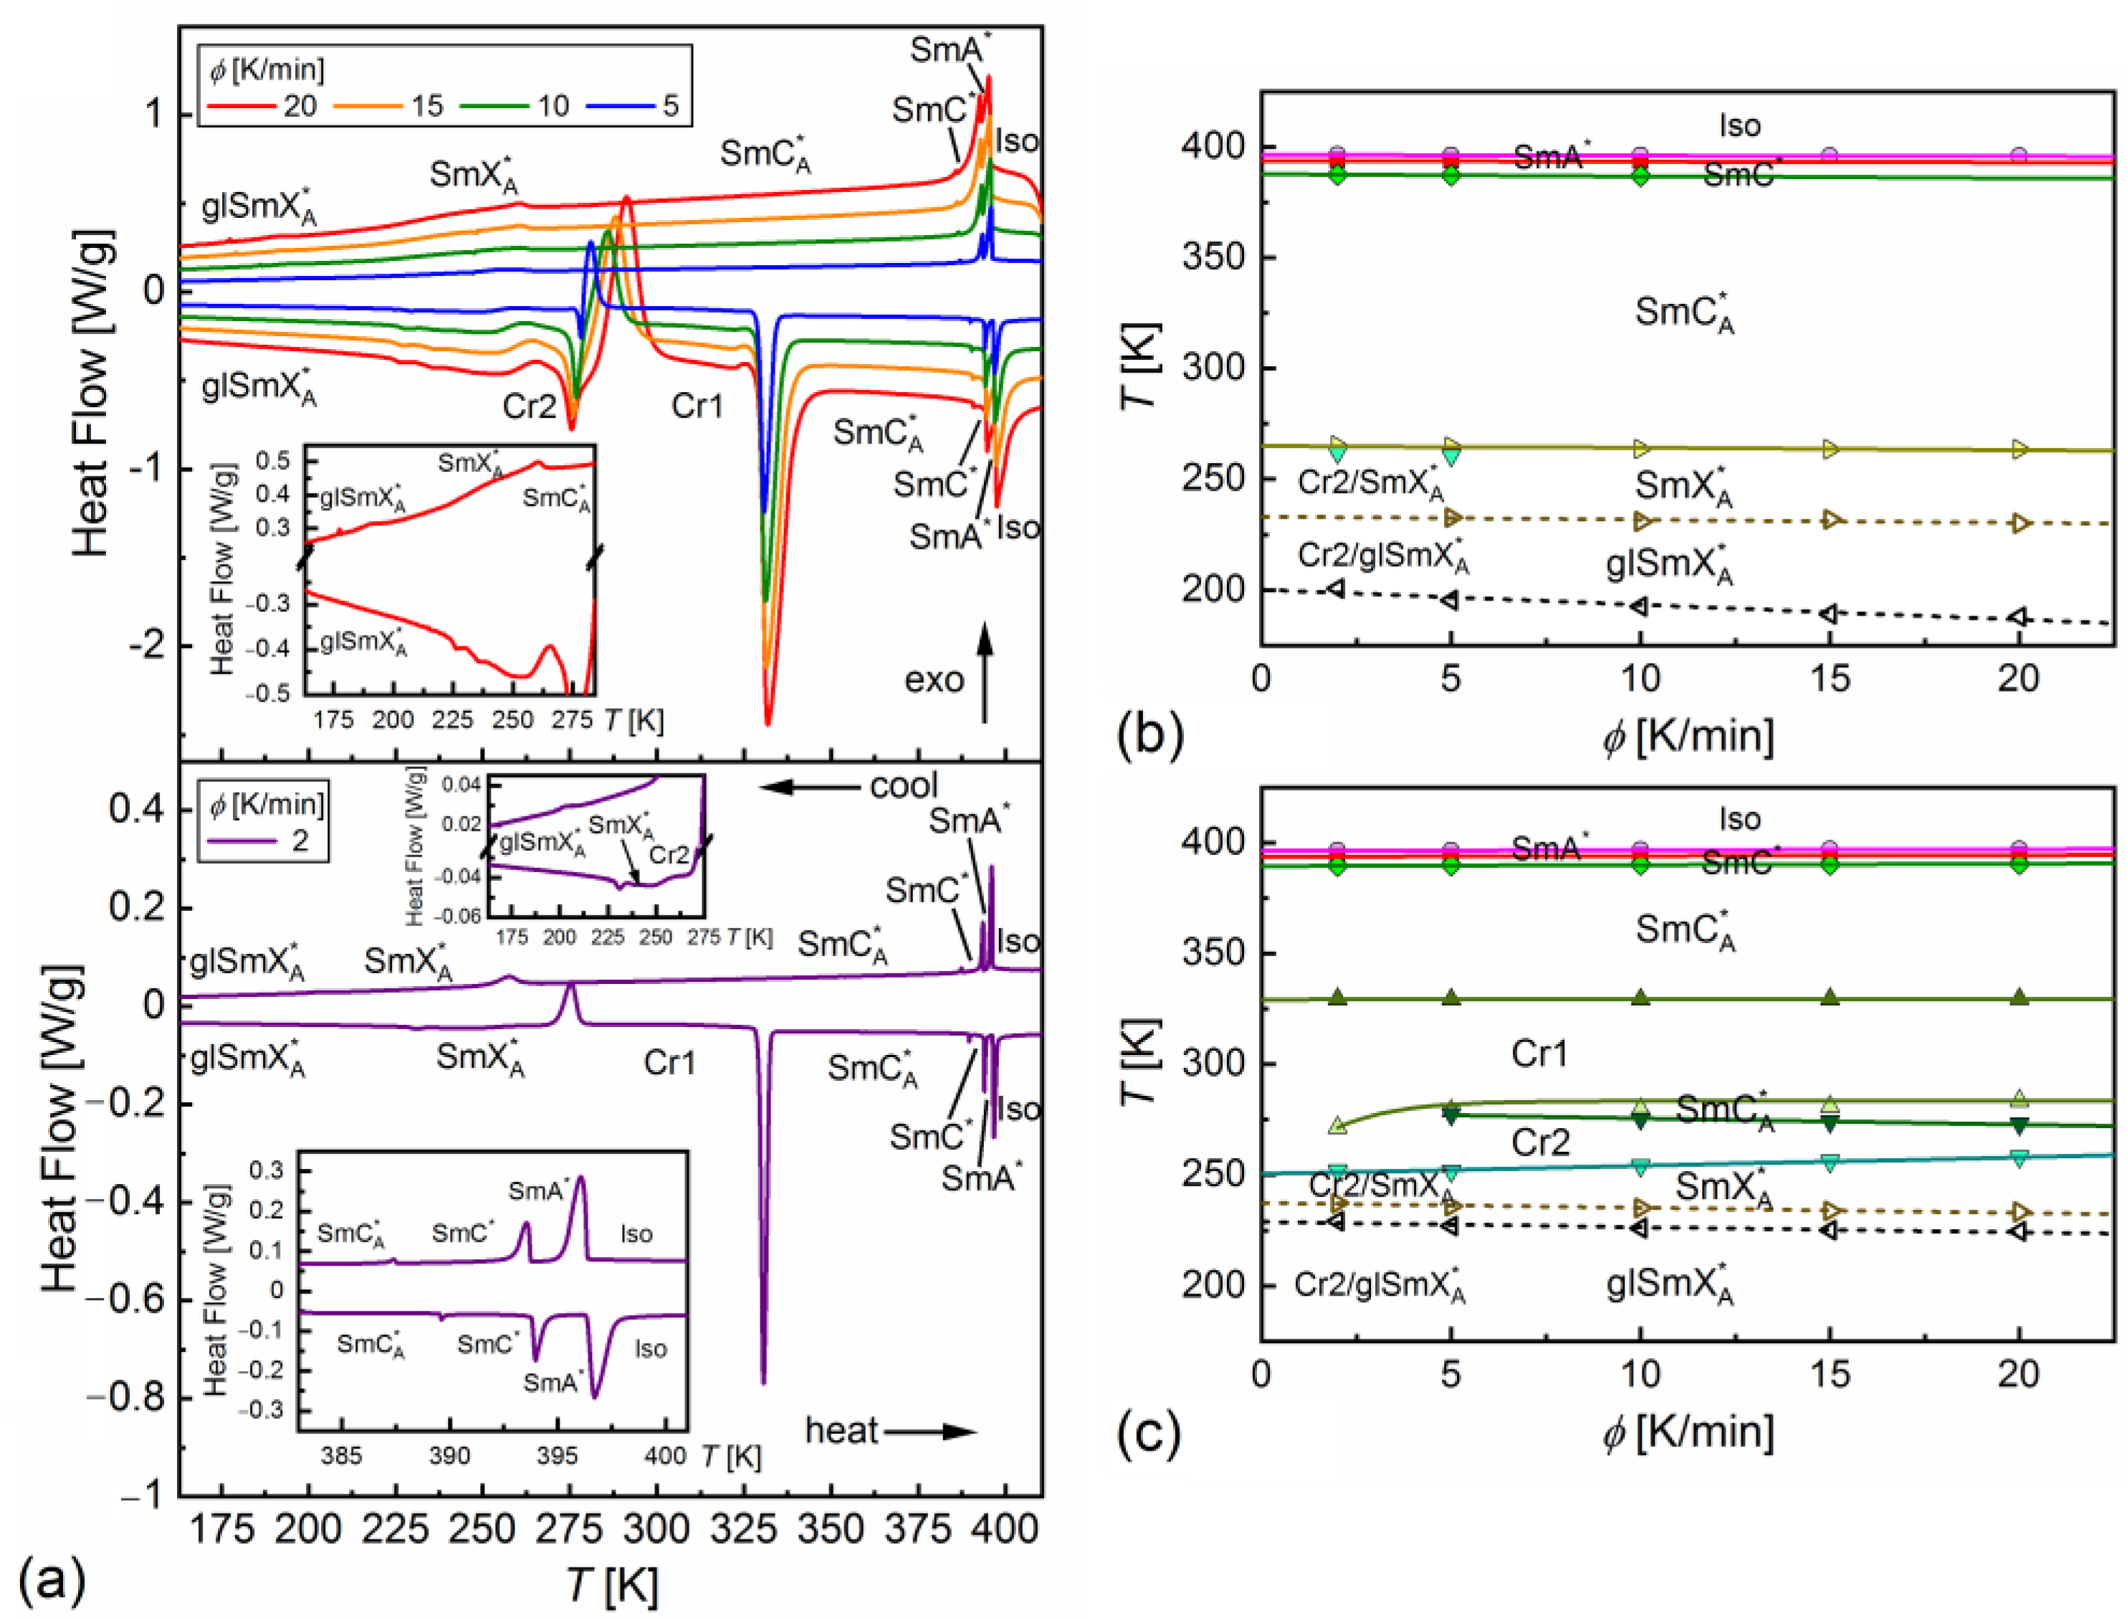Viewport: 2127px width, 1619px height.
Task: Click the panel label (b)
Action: coord(1149,735)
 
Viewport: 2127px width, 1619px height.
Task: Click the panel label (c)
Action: coord(1149,1432)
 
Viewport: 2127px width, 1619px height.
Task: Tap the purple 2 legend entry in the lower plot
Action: coord(268,841)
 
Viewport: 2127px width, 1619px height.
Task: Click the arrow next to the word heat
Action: coord(930,1432)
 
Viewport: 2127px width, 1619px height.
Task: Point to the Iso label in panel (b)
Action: coord(1739,125)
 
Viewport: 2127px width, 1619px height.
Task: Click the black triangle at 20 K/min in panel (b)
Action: coord(2018,618)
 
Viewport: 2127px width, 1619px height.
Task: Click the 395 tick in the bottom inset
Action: coord(557,1454)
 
